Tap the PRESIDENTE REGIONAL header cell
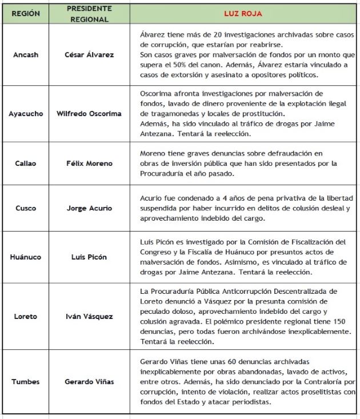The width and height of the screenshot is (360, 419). pyautogui.click(x=89, y=14)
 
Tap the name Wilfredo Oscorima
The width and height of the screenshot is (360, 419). pyautogui.click(x=89, y=114)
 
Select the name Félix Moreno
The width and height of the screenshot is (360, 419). pyautogui.click(x=89, y=163)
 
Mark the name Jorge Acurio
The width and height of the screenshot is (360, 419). pyautogui.click(x=89, y=207)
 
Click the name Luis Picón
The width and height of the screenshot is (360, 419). pyautogui.click(x=89, y=257)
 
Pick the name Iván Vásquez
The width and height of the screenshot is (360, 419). pyautogui.click(x=89, y=316)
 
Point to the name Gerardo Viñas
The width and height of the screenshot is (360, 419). pyautogui.click(x=89, y=381)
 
